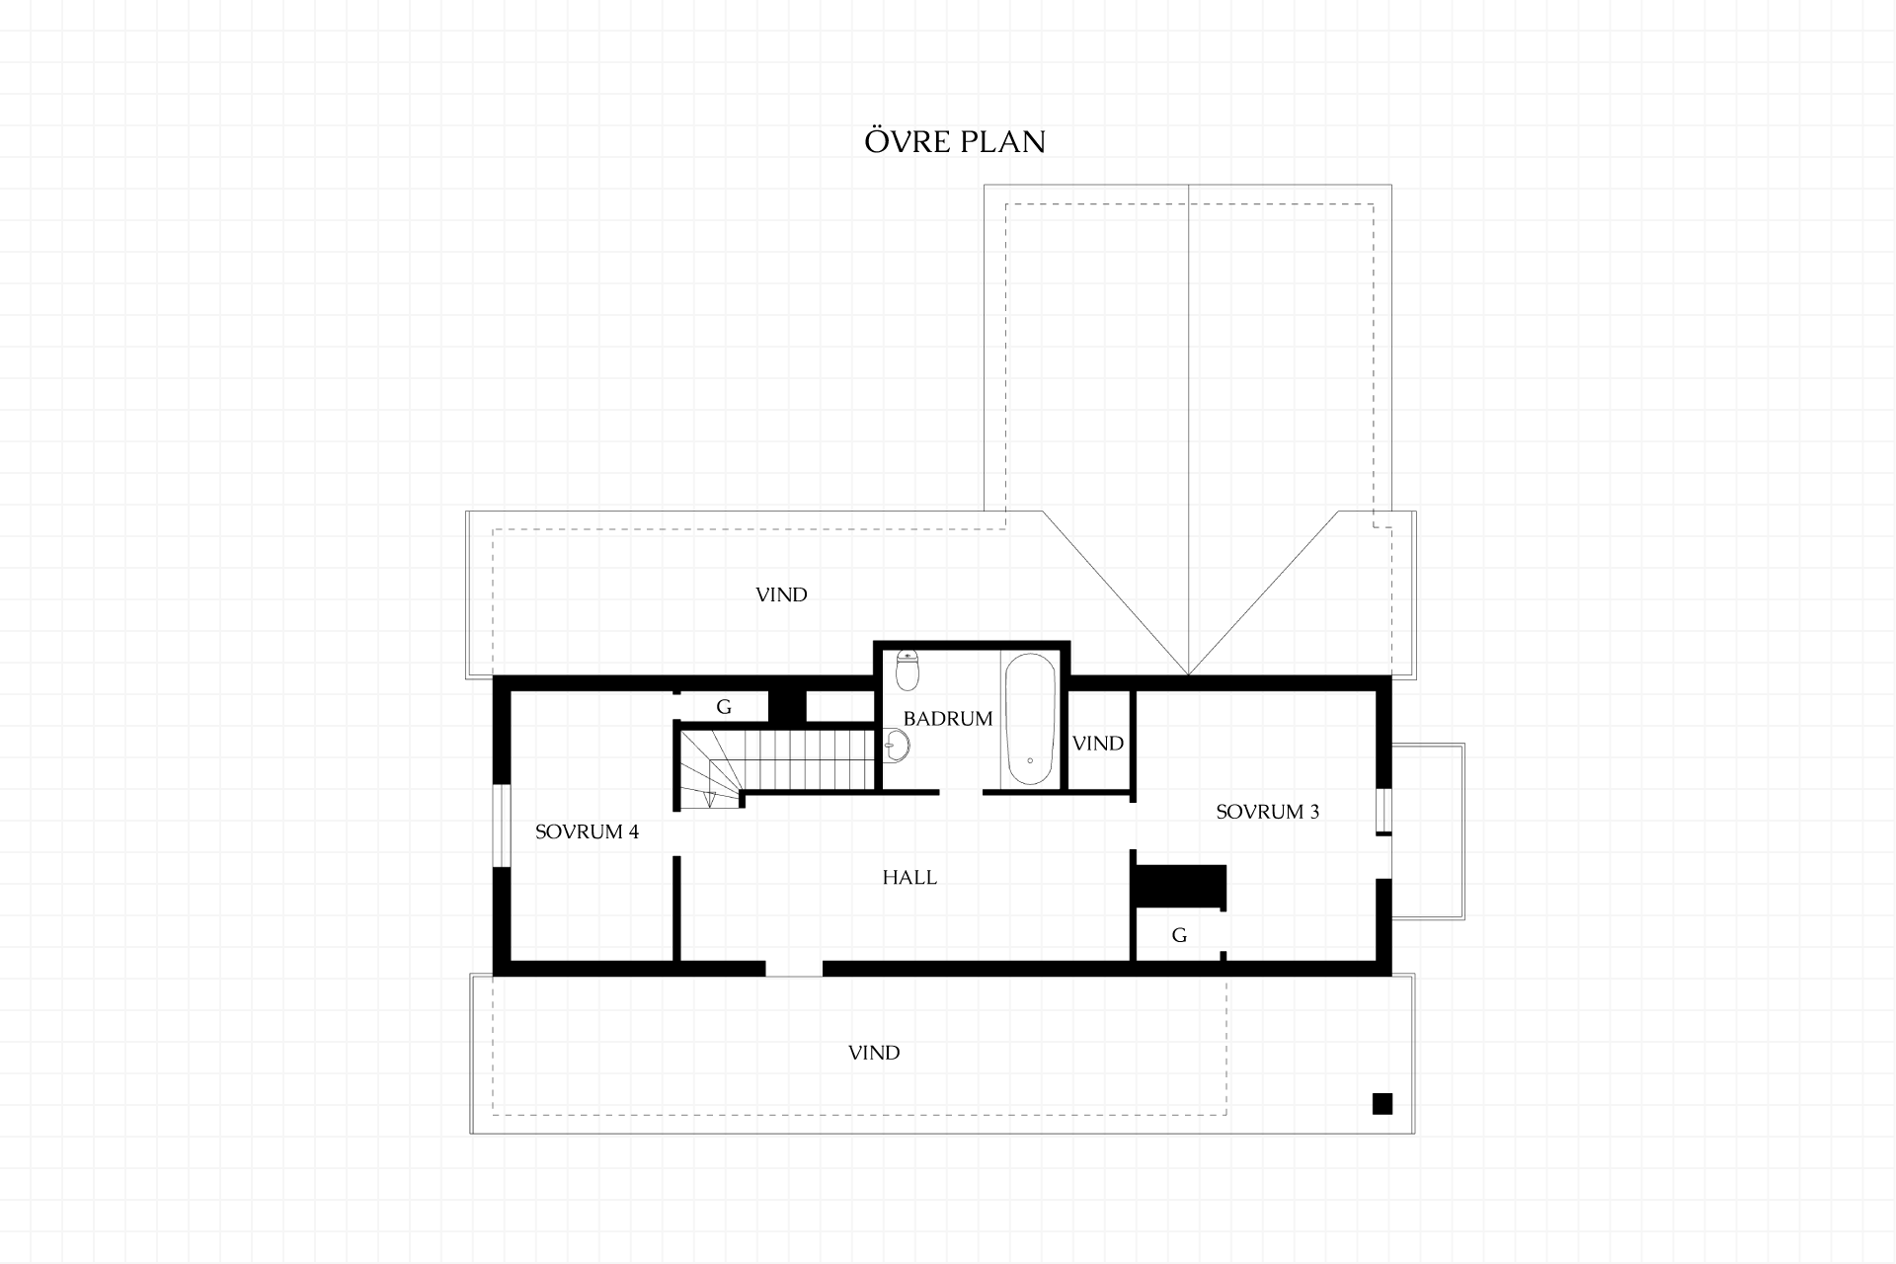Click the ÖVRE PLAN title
955,141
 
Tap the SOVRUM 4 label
587,831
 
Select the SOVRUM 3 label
1267,812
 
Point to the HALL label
909,877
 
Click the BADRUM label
948,719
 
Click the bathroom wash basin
897,746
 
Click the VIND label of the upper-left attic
781,594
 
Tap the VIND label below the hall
874,1053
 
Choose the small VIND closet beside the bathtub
1098,743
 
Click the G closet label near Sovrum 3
1179,935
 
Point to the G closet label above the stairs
724,707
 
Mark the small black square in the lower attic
1382,1104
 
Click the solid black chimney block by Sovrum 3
1180,886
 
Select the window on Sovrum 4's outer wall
501,827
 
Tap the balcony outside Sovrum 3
1428,831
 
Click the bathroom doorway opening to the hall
961,792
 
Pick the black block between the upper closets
788,707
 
